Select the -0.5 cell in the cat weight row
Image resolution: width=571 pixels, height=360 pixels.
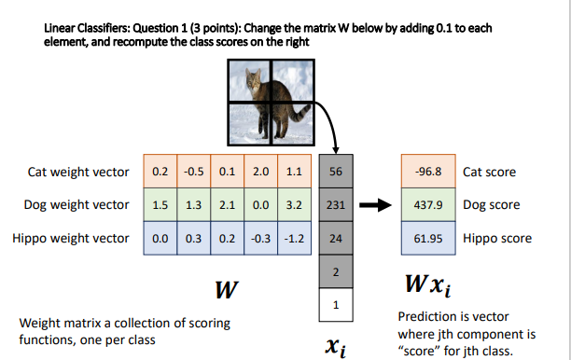[191, 173]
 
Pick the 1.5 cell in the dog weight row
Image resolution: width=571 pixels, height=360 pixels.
[159, 205]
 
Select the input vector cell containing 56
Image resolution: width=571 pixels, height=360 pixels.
[337, 173]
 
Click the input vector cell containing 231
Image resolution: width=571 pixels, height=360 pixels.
[337, 205]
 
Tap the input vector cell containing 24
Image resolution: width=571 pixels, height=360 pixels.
[337, 238]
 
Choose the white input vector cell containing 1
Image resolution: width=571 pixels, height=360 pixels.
[337, 303]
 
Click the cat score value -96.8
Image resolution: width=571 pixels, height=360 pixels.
[427, 173]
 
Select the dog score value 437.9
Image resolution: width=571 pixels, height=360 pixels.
[427, 205]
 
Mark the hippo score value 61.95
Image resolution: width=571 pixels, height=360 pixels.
[427, 238]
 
